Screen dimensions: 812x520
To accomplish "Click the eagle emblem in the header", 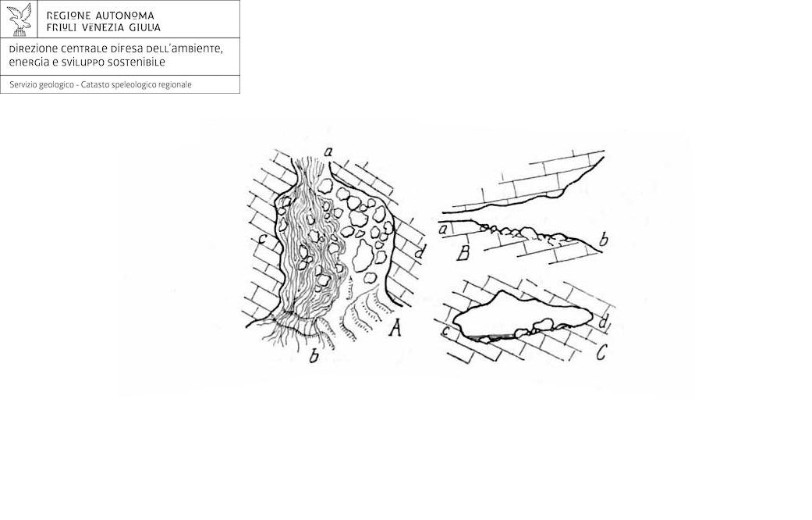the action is click(x=20, y=20).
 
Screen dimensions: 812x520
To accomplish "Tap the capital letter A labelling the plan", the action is click(x=395, y=328).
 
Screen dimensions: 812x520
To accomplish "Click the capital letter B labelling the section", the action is click(x=464, y=253).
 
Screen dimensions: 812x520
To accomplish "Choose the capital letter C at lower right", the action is click(x=601, y=353).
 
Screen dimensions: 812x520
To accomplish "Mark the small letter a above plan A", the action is click(x=328, y=151).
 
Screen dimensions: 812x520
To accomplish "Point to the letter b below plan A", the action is click(x=314, y=356).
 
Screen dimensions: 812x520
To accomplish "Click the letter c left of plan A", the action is click(x=263, y=240).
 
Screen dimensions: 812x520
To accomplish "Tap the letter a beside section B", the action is click(x=443, y=229).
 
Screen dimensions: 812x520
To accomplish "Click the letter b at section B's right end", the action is click(x=603, y=240).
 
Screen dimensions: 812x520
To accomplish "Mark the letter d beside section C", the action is click(x=602, y=322).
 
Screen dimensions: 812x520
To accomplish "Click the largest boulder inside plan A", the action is click(x=363, y=255).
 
